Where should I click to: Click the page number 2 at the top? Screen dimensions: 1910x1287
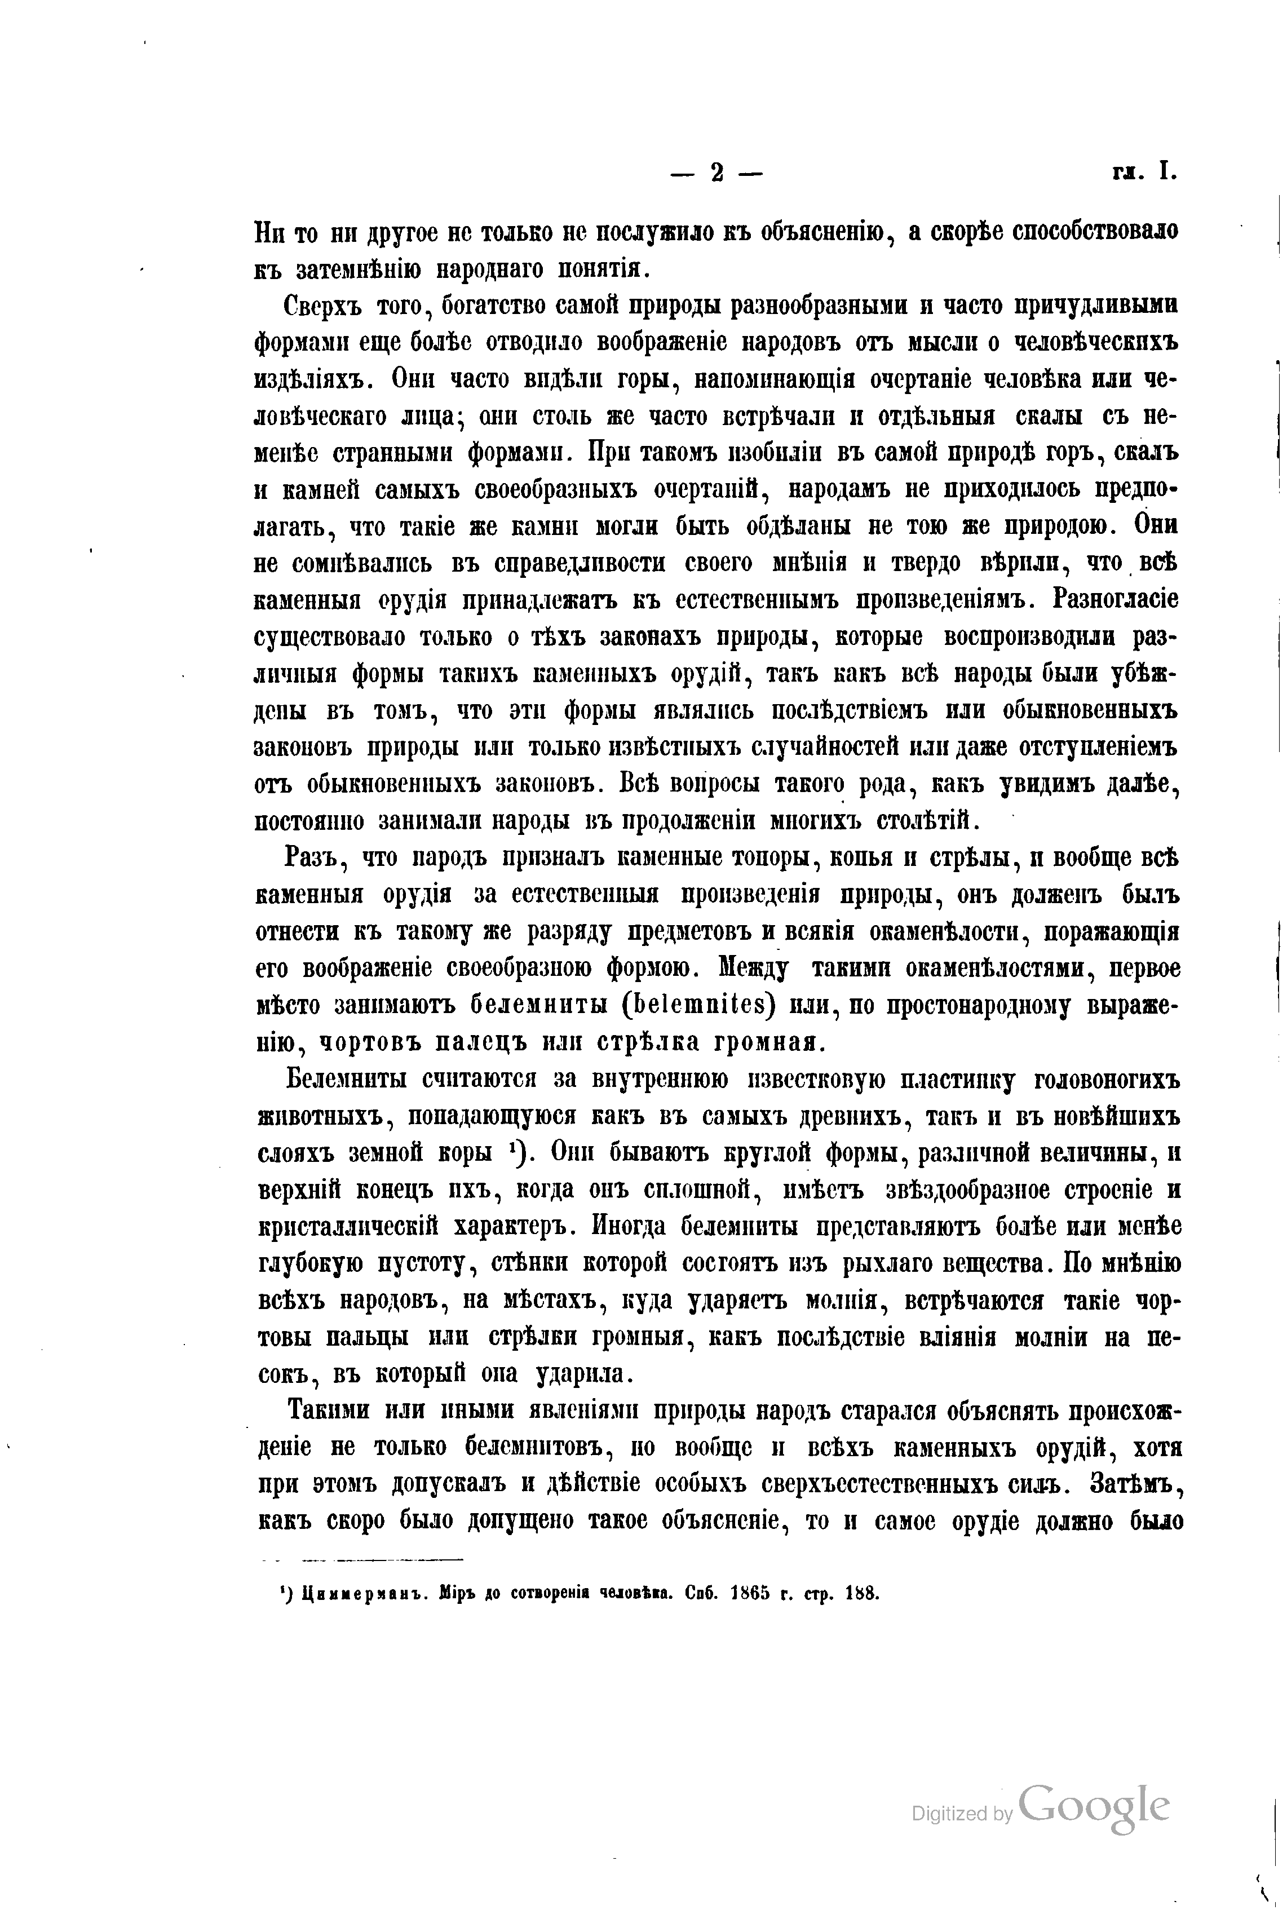click(717, 173)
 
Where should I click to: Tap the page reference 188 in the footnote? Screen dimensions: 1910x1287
click(863, 1594)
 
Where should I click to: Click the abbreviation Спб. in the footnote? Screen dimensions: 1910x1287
click(704, 1594)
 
